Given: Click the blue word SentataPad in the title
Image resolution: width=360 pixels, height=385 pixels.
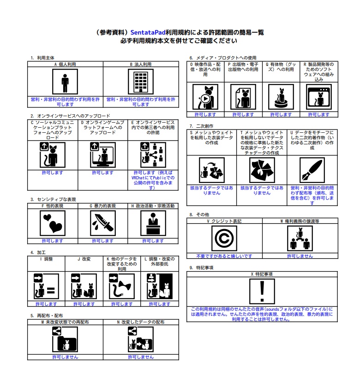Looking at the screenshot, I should tap(149, 33).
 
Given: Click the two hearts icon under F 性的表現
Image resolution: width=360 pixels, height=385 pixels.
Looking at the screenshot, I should tap(52, 224).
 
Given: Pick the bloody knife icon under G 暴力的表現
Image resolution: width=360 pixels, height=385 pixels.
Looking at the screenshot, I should tap(102, 224).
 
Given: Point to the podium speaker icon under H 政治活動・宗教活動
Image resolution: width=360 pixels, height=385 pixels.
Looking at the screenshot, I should tap(152, 224).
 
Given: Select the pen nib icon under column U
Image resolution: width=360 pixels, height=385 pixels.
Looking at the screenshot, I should tap(312, 170).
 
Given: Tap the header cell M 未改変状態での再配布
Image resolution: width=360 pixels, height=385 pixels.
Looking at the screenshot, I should tap(65, 322).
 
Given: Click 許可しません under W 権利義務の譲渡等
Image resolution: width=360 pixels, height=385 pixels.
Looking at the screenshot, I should tap(300, 256).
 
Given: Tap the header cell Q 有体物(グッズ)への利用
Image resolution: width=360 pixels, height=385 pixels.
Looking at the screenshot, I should tap(281, 67).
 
